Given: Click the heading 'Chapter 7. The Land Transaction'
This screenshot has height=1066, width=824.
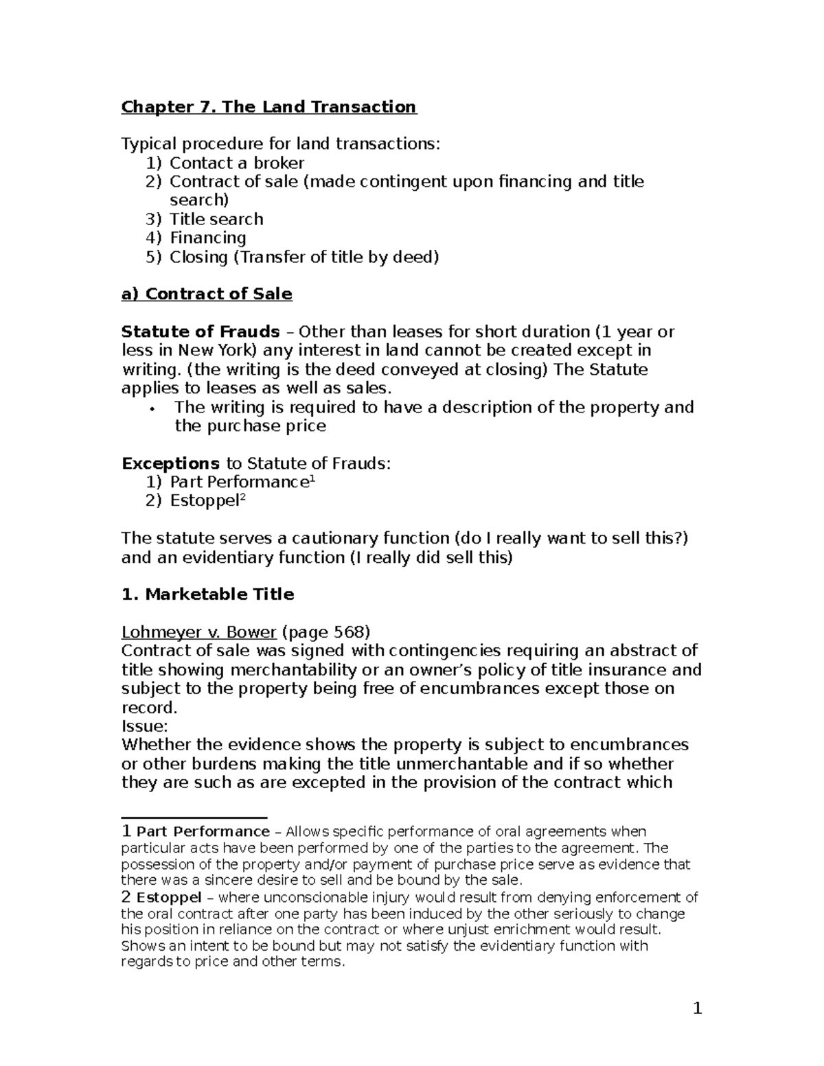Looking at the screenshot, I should coord(268,107).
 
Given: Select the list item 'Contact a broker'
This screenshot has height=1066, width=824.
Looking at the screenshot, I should coord(236,163).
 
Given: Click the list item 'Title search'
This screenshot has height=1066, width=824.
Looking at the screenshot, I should coord(216,220).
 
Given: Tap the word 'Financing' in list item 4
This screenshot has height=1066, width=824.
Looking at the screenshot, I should coord(207,238).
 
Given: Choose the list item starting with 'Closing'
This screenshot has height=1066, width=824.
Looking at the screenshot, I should coord(304,257).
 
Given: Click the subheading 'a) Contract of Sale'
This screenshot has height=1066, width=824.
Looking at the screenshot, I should coord(207,294).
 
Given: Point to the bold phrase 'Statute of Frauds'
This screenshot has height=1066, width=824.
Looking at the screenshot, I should coord(201,332).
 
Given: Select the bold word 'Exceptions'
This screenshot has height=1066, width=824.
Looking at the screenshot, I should coord(170,463).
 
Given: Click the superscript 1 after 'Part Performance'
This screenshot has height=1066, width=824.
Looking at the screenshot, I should coord(312,479).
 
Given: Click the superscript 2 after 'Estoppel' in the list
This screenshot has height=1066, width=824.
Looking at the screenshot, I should coord(242,498).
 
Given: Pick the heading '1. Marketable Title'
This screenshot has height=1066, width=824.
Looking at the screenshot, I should coord(207,594).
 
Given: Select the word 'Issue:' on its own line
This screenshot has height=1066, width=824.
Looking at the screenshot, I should coord(144,726).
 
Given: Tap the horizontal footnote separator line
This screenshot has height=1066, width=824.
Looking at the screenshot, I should coord(194,818).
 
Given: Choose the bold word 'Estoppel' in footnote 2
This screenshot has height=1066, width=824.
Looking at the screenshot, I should coord(169,898).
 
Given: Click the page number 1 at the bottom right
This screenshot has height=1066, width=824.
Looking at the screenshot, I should coord(697,1008).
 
